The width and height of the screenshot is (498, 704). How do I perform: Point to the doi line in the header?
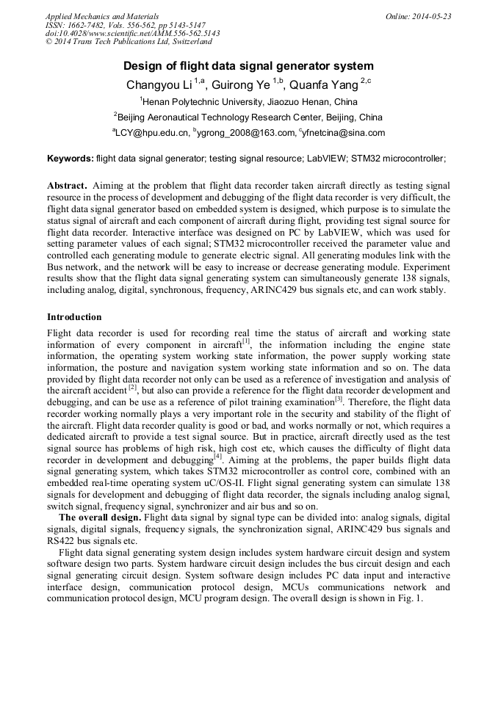132,34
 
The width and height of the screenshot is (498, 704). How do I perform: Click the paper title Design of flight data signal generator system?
249,65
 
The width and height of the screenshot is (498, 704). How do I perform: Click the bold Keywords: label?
71,158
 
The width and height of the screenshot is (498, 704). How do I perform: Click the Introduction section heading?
74,317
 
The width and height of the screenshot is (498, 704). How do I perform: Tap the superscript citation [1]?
246,341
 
